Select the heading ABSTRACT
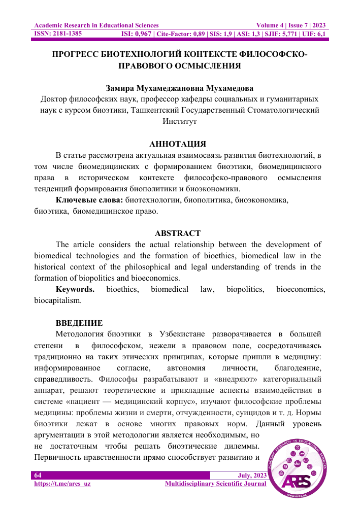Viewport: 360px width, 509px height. pos(177,233)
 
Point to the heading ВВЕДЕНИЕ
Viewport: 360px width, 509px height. pos(79,323)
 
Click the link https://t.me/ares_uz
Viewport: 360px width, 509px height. pos(62,484)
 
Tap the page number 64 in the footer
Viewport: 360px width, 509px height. pos(38,475)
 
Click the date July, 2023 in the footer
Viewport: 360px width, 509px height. pos(252,475)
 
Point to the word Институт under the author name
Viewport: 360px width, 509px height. pos(179,121)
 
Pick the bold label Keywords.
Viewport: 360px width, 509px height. pos(75,289)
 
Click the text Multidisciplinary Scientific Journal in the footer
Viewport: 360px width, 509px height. pos(216,484)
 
